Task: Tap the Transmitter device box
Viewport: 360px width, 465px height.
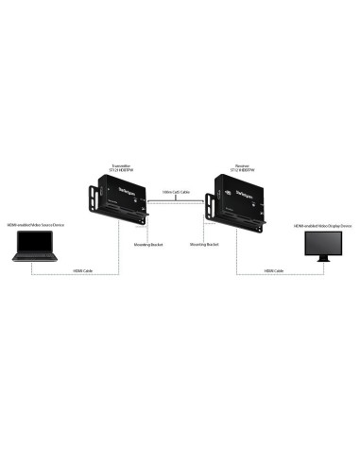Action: point(120,198)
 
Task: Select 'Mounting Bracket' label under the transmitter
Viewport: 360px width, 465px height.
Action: point(149,243)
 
